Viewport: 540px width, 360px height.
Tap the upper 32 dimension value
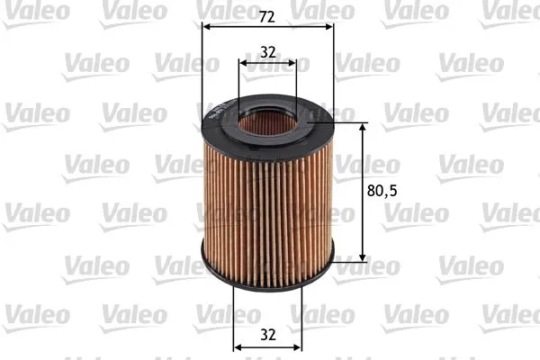click(267, 52)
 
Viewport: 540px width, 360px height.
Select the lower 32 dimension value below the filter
click(267, 335)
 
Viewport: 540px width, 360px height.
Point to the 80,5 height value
click(383, 191)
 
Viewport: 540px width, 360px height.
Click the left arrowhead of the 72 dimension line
click(206, 26)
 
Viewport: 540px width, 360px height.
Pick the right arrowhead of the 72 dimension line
click(328, 26)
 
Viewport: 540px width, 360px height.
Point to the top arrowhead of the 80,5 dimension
click(363, 127)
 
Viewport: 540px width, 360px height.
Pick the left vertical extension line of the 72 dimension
click(202, 72)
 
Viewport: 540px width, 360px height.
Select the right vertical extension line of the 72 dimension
click(333, 72)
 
